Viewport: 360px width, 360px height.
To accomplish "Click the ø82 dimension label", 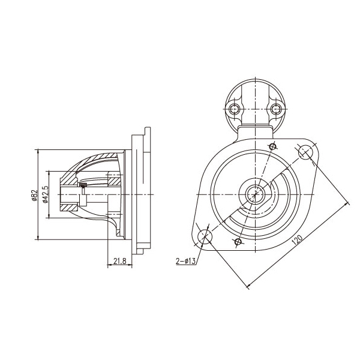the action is (x=34, y=195).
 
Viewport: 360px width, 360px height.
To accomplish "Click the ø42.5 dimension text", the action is (x=46, y=194).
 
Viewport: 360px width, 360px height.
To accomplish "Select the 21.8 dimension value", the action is (x=120, y=261).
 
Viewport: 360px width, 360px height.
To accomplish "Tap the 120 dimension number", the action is (x=297, y=239).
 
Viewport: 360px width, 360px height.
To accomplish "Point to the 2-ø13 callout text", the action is (x=185, y=261).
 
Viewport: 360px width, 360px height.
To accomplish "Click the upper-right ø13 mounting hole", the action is (x=305, y=152).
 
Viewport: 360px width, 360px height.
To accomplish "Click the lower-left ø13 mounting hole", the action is (x=205, y=236).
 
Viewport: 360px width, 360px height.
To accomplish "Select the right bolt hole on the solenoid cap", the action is (x=275, y=109).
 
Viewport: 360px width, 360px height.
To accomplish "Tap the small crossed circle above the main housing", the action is (x=272, y=146).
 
